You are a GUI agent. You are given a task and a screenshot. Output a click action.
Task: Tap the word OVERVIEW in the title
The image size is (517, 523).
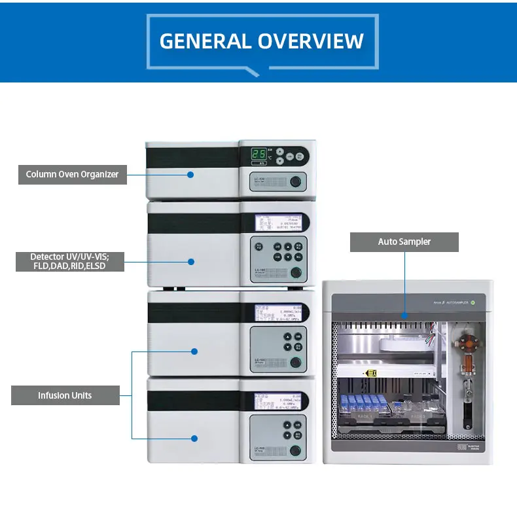(311, 41)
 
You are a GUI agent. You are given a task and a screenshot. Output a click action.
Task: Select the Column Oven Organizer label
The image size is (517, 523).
(72, 174)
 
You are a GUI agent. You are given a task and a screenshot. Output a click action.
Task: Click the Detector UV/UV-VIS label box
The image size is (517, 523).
(69, 261)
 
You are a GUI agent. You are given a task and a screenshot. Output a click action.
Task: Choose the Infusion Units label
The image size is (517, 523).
(65, 395)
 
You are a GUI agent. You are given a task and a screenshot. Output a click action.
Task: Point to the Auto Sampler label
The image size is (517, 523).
(404, 242)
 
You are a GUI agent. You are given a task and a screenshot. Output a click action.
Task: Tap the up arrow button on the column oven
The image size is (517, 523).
(280, 151)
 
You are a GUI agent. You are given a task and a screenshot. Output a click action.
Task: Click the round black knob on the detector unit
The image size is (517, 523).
(296, 273)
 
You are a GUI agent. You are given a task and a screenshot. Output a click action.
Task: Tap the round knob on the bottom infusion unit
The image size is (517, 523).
(296, 450)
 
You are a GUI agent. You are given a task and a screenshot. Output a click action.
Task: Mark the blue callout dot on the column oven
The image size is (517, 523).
(190, 174)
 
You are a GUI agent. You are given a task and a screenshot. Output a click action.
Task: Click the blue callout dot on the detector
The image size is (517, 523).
(191, 261)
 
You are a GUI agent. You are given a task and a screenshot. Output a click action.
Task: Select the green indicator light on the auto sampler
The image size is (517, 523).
(481, 302)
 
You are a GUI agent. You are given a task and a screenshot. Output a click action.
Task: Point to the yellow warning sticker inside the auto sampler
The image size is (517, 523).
(371, 373)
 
